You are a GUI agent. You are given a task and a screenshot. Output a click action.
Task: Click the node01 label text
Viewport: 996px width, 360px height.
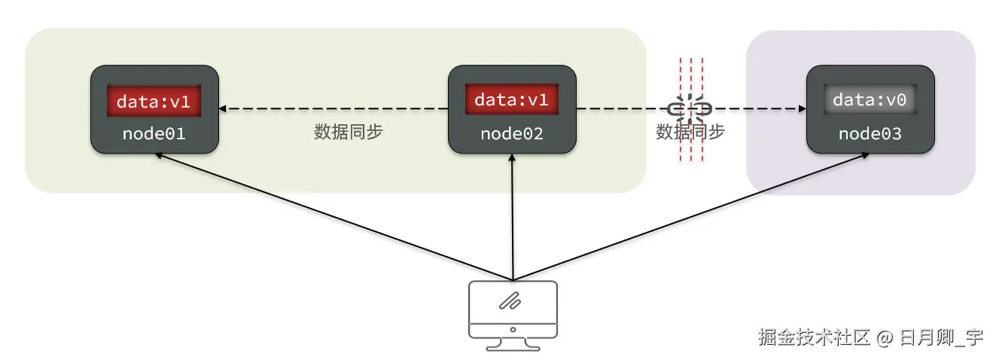click(154, 134)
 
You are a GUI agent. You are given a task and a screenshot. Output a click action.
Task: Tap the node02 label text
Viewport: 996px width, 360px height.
click(512, 134)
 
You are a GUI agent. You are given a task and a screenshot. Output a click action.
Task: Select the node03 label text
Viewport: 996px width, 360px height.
click(870, 134)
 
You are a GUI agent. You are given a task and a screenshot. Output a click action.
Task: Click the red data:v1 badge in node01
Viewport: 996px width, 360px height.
click(154, 101)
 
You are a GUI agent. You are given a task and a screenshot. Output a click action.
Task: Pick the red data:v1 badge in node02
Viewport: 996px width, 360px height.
click(512, 99)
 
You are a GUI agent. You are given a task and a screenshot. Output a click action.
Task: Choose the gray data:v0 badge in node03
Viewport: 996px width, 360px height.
click(870, 100)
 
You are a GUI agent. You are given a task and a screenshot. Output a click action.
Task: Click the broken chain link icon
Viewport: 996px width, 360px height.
click(690, 109)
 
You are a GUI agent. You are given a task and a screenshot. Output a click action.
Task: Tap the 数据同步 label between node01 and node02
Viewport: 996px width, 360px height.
click(349, 132)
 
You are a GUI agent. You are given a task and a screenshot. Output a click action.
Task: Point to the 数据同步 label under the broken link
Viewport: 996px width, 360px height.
click(690, 132)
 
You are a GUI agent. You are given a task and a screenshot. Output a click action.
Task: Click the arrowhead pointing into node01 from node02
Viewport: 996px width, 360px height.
click(224, 109)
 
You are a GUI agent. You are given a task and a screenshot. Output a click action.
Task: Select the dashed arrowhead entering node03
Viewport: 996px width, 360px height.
click(801, 109)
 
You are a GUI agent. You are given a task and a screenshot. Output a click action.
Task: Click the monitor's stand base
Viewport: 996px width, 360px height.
click(513, 346)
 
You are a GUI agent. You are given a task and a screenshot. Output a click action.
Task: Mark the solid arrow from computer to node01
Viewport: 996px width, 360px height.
click(331, 215)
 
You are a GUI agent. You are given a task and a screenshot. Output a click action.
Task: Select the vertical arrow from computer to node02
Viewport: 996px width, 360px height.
click(512, 218)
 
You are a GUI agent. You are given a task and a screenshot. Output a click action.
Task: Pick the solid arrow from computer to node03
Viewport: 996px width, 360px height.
click(693, 215)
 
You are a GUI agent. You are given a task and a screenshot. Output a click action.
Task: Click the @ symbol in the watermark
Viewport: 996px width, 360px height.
click(884, 338)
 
